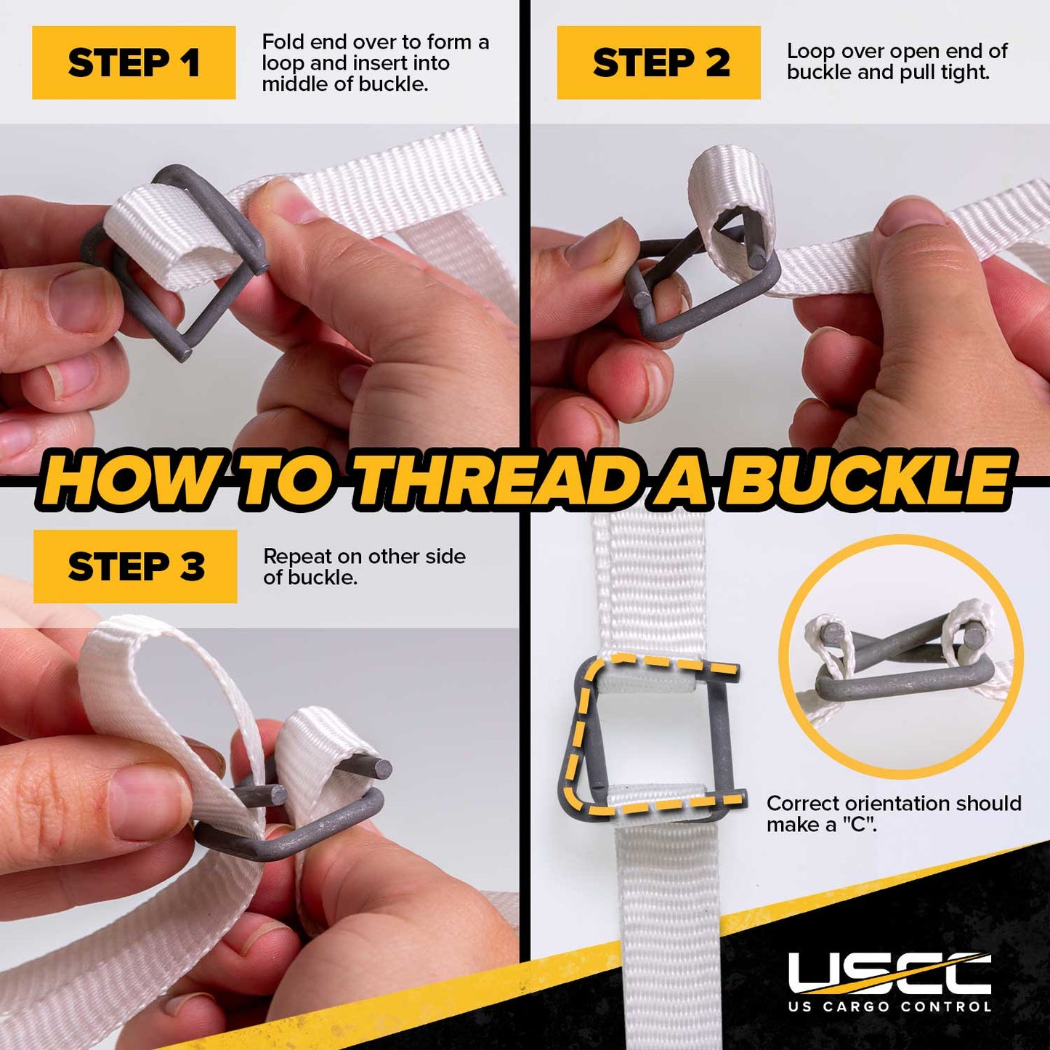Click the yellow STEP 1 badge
[134, 62]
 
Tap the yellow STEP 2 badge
[658, 62]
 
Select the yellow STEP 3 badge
[135, 567]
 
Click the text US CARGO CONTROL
[889, 1006]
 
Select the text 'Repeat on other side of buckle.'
[364, 567]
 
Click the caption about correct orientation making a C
[894, 814]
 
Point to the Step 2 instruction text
[897, 62]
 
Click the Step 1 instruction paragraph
[375, 62]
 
